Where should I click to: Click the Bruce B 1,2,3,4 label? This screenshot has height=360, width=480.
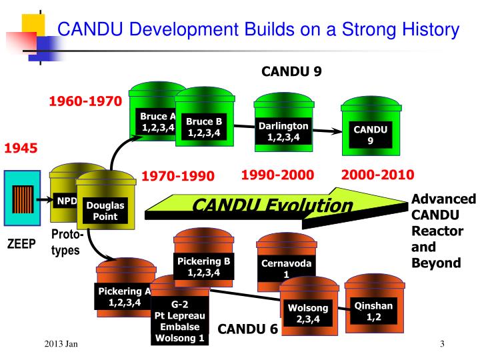click(203, 127)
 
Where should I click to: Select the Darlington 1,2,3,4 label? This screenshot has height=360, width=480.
click(284, 132)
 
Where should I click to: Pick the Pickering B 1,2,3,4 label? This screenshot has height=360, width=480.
click(203, 267)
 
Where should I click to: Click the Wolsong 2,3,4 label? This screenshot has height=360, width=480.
click(308, 313)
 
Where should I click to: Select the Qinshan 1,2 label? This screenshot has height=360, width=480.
click(373, 311)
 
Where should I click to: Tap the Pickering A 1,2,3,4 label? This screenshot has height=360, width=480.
click(125, 297)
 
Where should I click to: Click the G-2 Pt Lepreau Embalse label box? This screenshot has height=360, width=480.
click(181, 321)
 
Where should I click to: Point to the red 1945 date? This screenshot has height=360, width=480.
click(21, 147)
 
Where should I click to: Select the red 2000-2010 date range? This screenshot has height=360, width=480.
click(377, 175)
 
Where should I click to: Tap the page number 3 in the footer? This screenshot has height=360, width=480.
click(442, 343)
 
